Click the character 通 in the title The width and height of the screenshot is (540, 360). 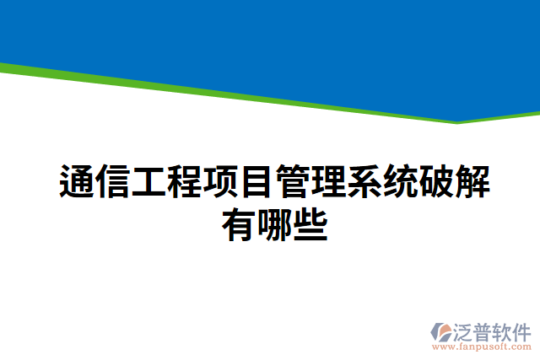(x=77, y=182)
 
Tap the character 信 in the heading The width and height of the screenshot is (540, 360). (x=113, y=182)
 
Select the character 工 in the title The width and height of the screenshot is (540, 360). (x=149, y=182)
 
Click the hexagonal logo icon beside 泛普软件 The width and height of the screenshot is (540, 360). (x=441, y=332)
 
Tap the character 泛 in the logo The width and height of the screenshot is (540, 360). (x=466, y=330)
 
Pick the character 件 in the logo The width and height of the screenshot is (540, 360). (x=521, y=330)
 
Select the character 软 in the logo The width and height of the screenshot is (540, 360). (x=503, y=330)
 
